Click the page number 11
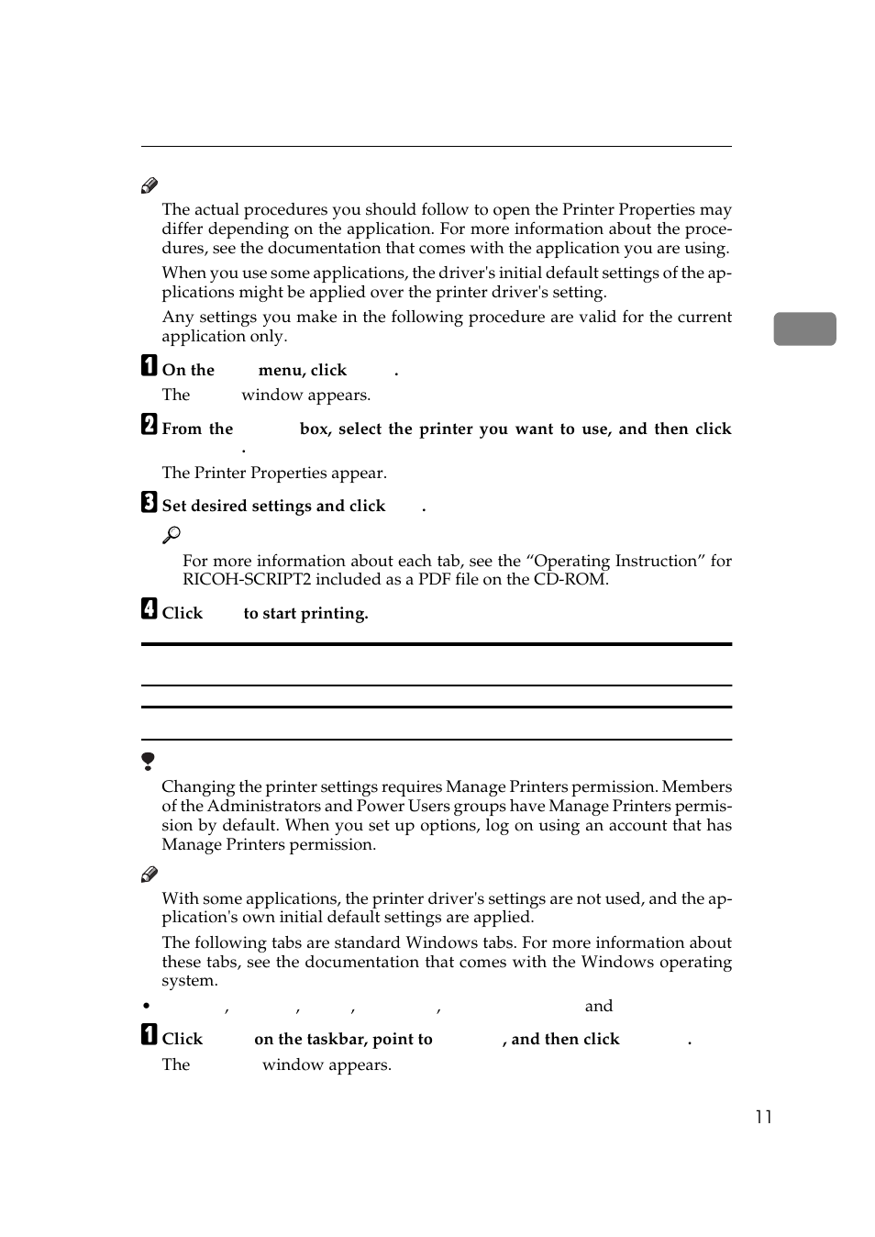pyautogui.click(x=763, y=1117)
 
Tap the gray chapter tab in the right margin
pyautogui.click(x=804, y=329)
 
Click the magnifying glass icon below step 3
pyautogui.click(x=172, y=535)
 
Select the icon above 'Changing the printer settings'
pyautogui.click(x=148, y=761)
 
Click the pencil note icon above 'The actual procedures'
pyautogui.click(x=150, y=186)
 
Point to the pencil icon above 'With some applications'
pyautogui.click(x=150, y=875)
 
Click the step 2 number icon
pyautogui.click(x=149, y=424)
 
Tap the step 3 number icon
pyautogui.click(x=149, y=502)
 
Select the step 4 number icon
pyautogui.click(x=149, y=608)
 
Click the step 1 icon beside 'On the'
pyautogui.click(x=149, y=366)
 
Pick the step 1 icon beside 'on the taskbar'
pyautogui.click(x=149, y=1035)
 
